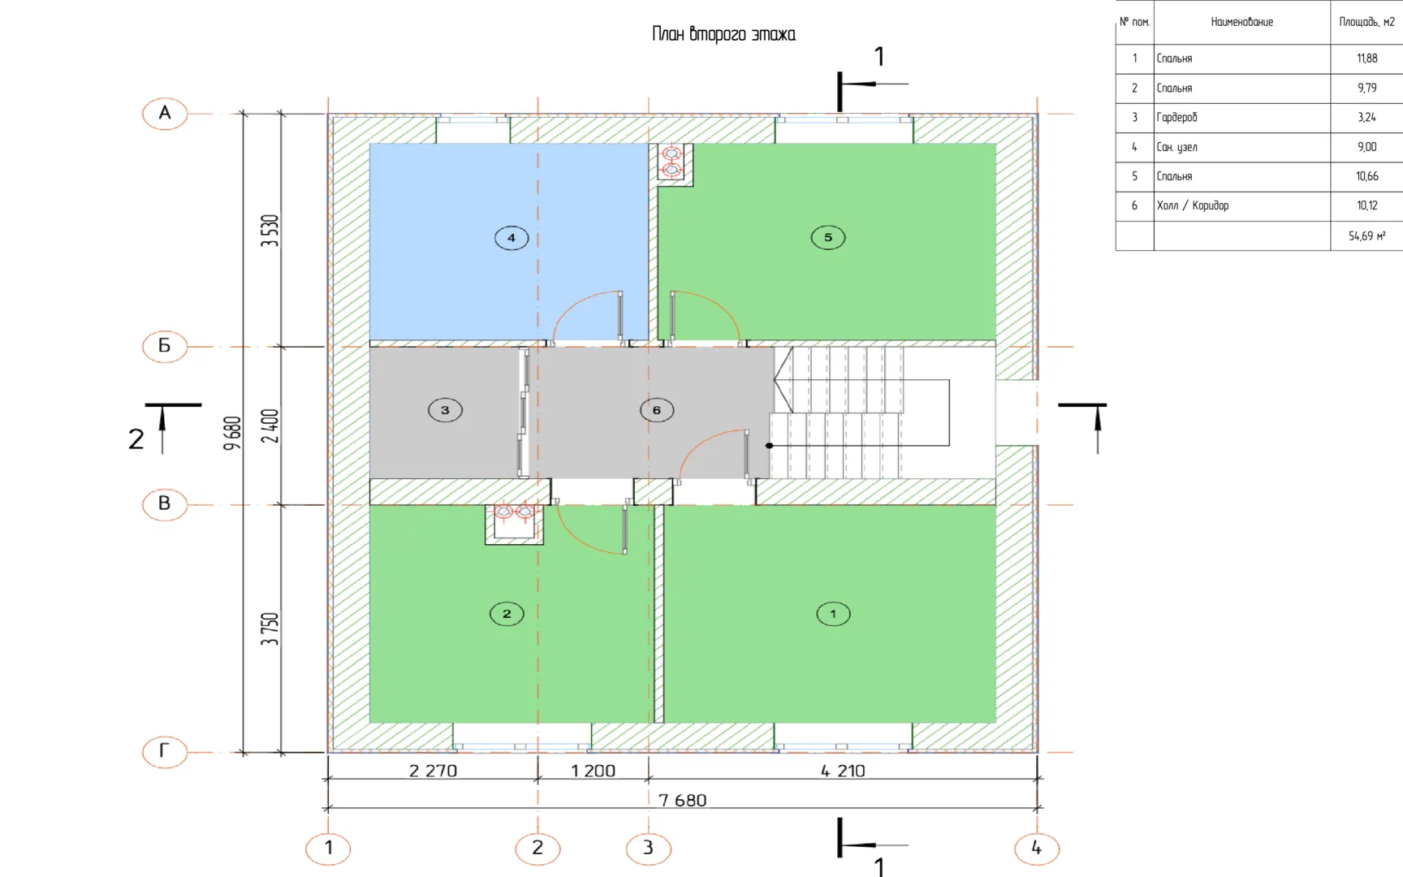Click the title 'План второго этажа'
tap(723, 34)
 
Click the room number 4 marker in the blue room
tap(512, 238)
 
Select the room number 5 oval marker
tap(828, 237)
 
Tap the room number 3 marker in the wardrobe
tap(445, 410)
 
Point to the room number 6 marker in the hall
tap(657, 410)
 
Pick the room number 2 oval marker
tap(507, 614)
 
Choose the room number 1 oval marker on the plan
tap(833, 614)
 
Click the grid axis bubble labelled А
tap(165, 114)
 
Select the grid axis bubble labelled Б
tap(165, 346)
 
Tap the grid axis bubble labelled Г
tap(165, 751)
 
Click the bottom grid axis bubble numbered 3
tap(649, 849)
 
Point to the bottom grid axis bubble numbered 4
tap(1037, 849)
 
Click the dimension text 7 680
tap(683, 801)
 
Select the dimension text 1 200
tap(594, 771)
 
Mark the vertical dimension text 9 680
tap(233, 433)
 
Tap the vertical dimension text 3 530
tap(270, 231)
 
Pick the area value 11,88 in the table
tap(1367, 58)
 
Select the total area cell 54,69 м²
tap(1367, 235)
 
